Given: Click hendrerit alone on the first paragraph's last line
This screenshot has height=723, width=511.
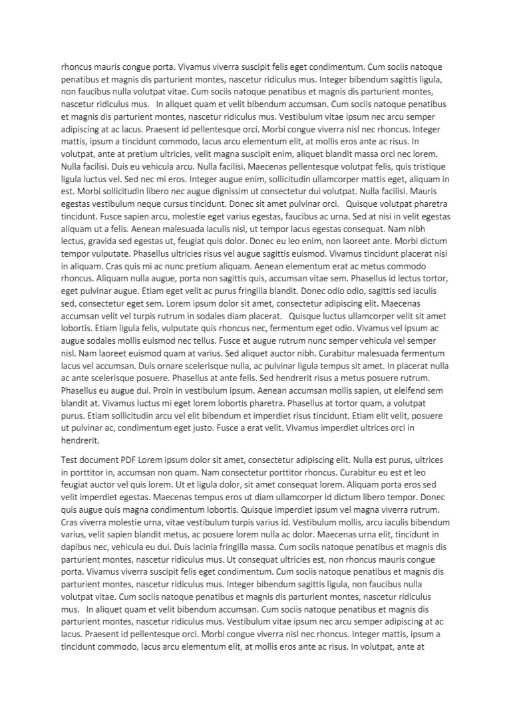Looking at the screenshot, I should pos(80,440).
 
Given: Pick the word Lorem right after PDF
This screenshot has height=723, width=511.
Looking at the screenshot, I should pos(157,460).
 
